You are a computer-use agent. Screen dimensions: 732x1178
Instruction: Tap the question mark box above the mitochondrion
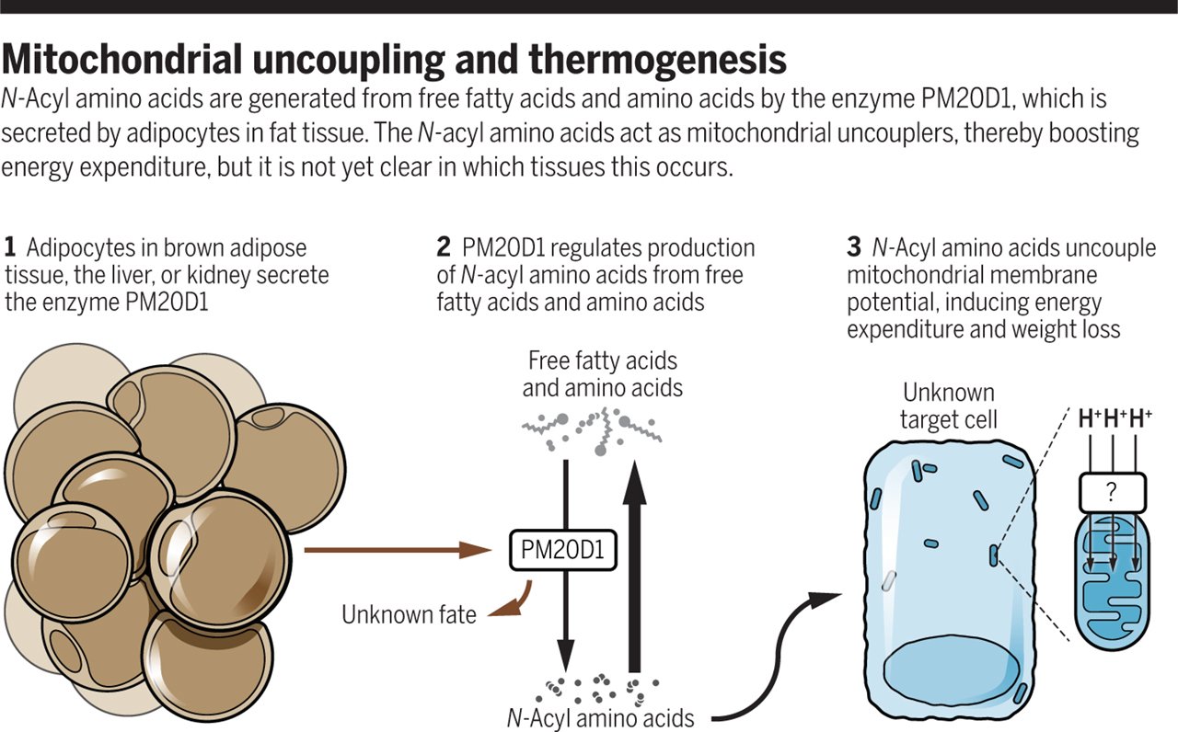[x=1111, y=493]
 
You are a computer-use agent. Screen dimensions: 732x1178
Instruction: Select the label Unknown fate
[x=409, y=613]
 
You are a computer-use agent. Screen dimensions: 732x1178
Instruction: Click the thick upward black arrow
[x=633, y=570]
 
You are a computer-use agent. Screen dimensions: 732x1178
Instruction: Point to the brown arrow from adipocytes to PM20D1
[x=396, y=550]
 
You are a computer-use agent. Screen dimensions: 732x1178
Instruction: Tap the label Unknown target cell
[x=949, y=406]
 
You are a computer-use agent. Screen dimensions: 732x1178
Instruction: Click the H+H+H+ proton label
[x=1115, y=418]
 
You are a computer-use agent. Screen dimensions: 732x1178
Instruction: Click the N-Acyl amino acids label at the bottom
[x=602, y=717]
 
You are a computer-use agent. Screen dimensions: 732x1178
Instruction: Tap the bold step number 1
[x=10, y=247]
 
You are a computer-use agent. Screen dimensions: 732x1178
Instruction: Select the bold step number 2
[x=443, y=247]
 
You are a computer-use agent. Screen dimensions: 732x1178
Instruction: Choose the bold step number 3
[x=853, y=247]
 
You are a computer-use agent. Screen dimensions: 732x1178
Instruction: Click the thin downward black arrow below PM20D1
[x=565, y=625]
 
